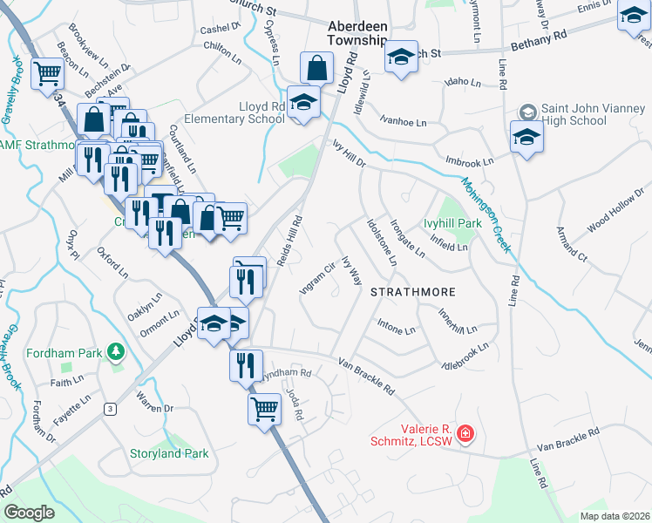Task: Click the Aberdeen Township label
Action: (357, 34)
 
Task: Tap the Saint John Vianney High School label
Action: (574, 114)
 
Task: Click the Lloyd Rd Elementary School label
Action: (250, 113)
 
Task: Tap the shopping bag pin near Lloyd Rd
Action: (317, 67)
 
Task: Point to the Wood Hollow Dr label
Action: (613, 214)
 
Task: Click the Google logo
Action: (29, 513)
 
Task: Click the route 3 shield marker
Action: (110, 409)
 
